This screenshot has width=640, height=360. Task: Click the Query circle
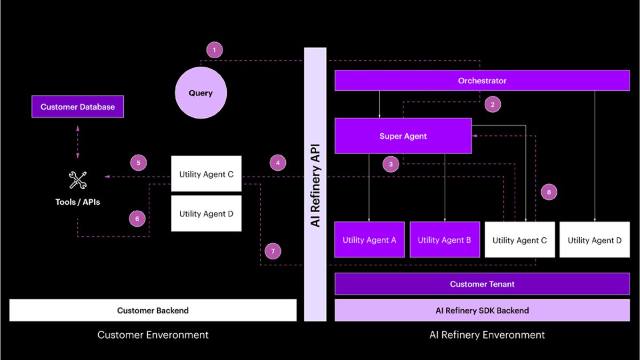tap(201, 93)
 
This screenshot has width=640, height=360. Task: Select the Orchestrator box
tap(482, 81)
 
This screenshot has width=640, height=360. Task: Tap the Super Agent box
tap(403, 136)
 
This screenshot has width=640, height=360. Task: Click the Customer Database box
tap(77, 107)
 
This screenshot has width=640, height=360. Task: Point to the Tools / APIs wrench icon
tap(78, 180)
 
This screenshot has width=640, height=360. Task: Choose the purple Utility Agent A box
tap(369, 240)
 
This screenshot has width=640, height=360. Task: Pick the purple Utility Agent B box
tap(444, 240)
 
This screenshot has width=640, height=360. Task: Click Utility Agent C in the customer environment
tap(206, 174)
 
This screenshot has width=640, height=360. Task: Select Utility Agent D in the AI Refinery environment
tap(594, 240)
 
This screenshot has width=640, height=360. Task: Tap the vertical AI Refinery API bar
tap(315, 184)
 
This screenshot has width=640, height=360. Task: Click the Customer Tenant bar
tap(482, 284)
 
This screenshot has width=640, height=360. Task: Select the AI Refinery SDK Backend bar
tap(482, 310)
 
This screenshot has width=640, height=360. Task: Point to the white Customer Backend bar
tap(153, 310)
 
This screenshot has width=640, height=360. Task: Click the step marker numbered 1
tap(214, 51)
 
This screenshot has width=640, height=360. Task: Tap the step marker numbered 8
tap(549, 192)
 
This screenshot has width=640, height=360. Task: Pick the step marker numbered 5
tap(138, 163)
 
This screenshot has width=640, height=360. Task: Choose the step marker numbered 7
tap(273, 251)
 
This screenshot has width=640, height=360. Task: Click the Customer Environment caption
tap(153, 335)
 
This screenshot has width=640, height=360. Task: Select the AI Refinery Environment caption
tap(487, 335)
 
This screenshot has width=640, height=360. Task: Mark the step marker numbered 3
tap(391, 164)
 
